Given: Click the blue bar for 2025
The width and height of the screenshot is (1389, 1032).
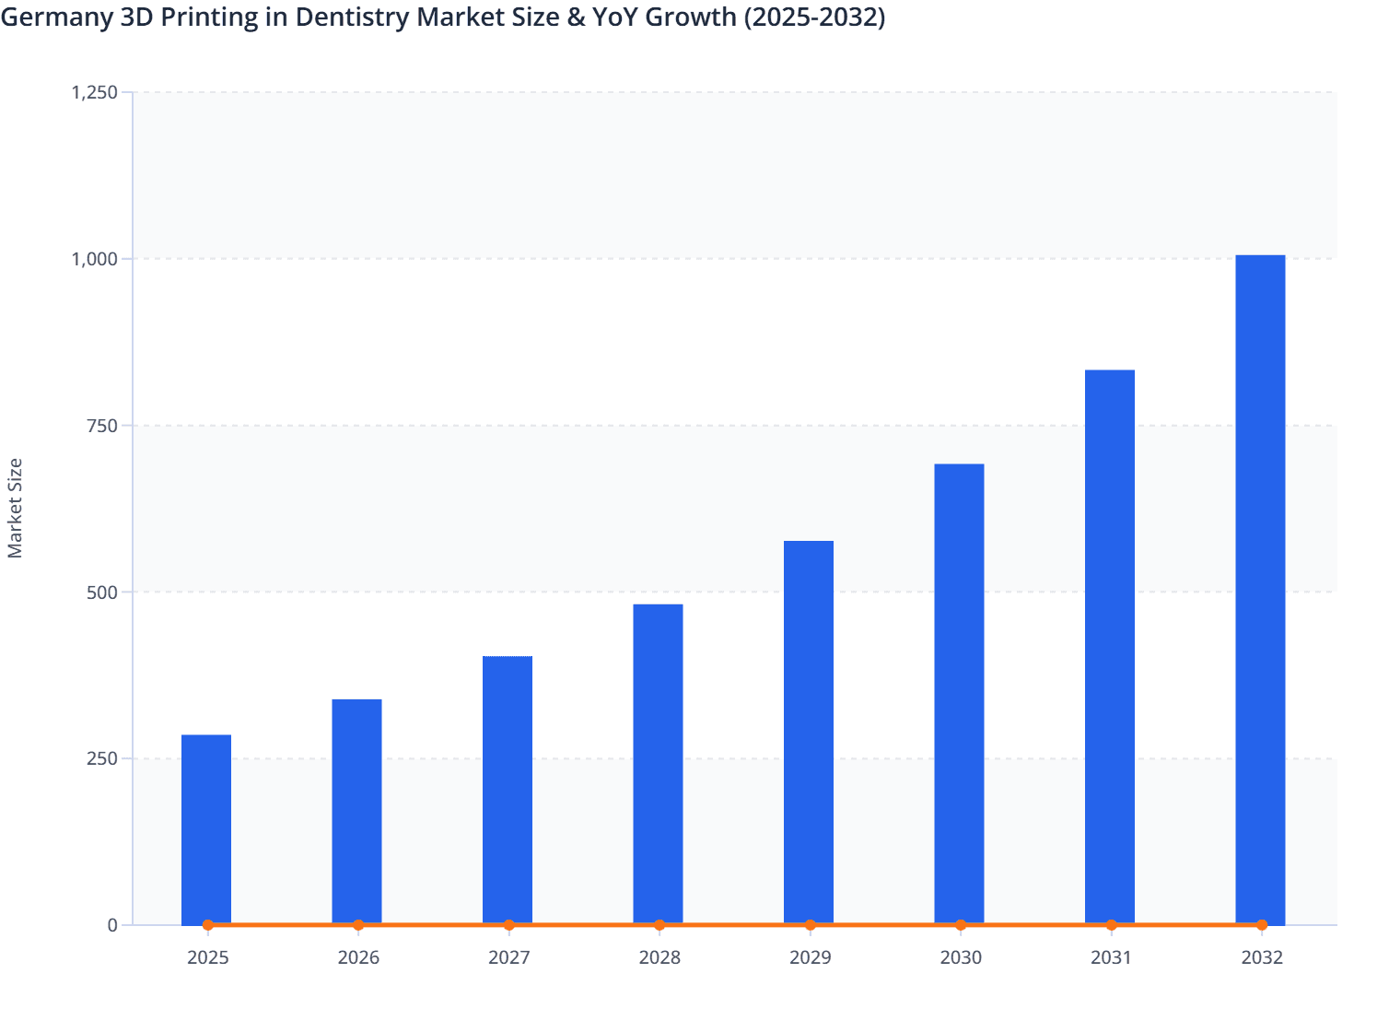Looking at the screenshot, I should [206, 829].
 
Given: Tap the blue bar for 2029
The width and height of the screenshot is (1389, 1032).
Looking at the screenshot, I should [809, 733].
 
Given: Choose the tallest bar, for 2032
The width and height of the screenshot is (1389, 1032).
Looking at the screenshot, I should [1260, 590].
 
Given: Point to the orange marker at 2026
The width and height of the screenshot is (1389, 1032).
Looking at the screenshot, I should [358, 925].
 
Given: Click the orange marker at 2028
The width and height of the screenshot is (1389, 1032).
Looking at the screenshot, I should [659, 925].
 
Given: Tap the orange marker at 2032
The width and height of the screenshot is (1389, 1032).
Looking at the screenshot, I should [1262, 925].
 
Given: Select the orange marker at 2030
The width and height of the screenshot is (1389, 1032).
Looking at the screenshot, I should [961, 925].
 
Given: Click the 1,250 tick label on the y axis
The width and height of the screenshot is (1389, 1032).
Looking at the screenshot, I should [94, 92].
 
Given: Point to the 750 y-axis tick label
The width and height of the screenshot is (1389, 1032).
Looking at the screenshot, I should [103, 426].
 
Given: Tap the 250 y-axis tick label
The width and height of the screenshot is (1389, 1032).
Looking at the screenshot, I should [103, 759].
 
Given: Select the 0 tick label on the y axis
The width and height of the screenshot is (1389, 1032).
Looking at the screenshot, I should [112, 925].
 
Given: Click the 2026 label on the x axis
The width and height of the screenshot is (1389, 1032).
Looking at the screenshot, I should [358, 958].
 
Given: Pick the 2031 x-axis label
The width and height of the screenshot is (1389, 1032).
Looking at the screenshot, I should [1111, 958].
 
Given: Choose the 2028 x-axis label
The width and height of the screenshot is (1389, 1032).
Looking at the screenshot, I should [659, 958].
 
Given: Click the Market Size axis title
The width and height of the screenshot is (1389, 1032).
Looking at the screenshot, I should [15, 508].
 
